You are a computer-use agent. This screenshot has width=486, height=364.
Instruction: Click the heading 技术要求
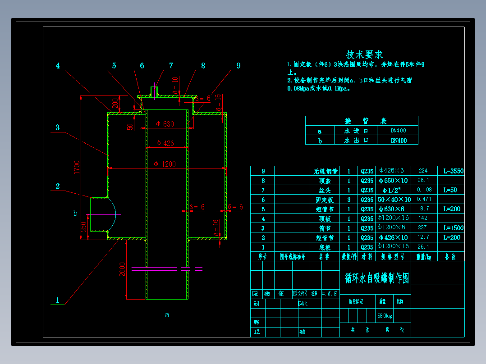click(364, 55)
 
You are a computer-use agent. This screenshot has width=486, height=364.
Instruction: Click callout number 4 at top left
click(58, 66)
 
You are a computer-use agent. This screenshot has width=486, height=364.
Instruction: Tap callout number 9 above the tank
click(238, 66)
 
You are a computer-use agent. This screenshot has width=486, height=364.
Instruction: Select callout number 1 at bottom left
click(57, 300)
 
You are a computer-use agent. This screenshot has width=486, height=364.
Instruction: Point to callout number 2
click(58, 186)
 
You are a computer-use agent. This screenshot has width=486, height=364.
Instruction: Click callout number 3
click(57, 127)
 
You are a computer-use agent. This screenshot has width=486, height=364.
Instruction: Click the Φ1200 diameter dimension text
click(165, 164)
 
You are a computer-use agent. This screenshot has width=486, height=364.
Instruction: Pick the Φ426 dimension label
click(165, 143)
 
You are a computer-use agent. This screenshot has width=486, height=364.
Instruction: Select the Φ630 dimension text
click(165, 124)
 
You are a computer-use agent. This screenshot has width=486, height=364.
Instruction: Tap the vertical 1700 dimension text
click(77, 167)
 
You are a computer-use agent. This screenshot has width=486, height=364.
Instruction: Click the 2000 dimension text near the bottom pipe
click(122, 270)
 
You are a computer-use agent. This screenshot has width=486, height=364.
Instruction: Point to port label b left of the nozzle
click(75, 213)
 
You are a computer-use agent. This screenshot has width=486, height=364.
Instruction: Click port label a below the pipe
click(167, 315)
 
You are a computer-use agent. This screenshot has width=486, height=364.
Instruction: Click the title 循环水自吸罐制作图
click(377, 278)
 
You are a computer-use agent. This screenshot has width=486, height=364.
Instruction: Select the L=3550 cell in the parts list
click(453, 171)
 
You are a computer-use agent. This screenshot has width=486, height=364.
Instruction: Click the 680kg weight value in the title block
click(385, 315)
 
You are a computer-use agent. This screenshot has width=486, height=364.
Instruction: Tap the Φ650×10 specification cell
click(393, 181)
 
